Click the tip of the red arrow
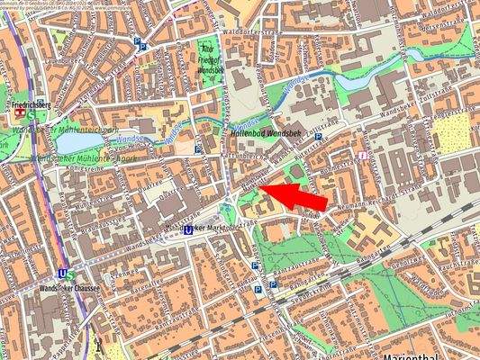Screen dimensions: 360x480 [x=270, y=190]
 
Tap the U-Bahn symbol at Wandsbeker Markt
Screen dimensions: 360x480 [x=188, y=229]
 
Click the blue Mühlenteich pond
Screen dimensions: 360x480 [x=74, y=141]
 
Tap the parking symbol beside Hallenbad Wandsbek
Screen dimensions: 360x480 [x=318, y=137]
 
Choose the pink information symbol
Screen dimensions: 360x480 [x=362, y=154]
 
